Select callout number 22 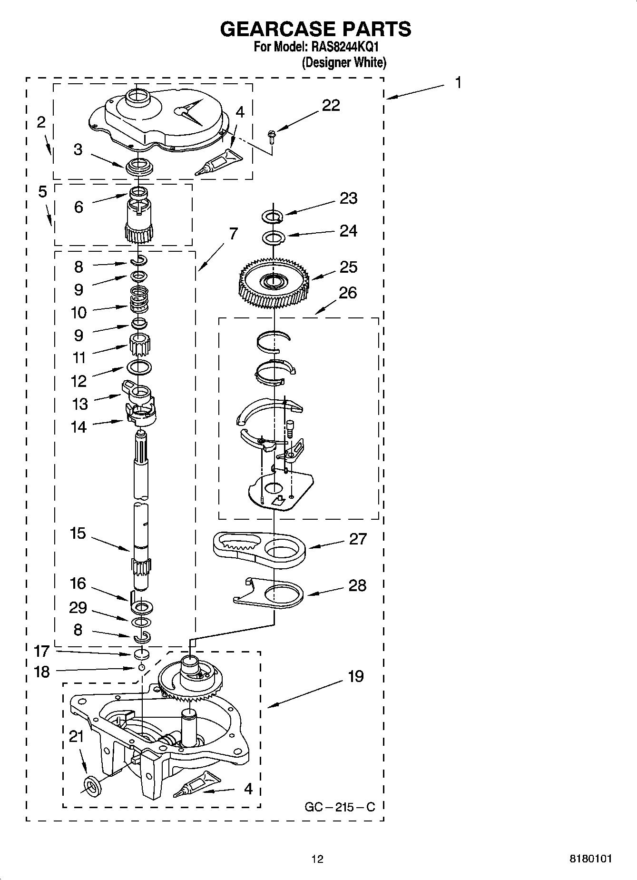pyautogui.click(x=331, y=105)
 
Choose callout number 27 pyautogui.click(x=358, y=539)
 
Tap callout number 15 pyautogui.click(x=78, y=533)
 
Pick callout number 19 pyautogui.click(x=356, y=676)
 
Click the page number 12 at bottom pyautogui.click(x=317, y=859)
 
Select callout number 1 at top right pyautogui.click(x=458, y=83)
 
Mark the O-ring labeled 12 pyautogui.click(x=139, y=366)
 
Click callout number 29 pyautogui.click(x=78, y=608)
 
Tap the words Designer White pyautogui.click(x=344, y=62)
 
